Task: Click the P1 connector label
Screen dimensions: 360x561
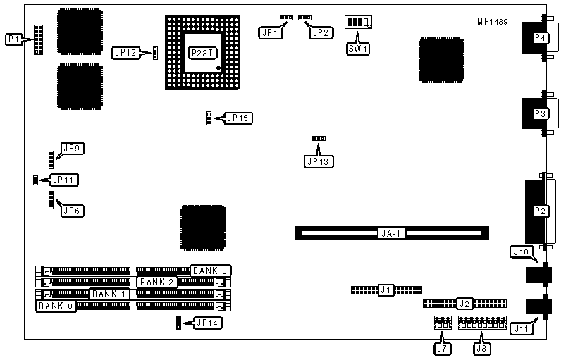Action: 13,40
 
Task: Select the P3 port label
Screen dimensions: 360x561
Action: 540,113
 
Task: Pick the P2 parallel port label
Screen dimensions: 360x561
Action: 540,211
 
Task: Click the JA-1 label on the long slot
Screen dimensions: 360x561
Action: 390,232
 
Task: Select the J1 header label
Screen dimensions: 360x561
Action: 386,289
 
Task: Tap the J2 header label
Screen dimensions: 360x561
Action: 463,304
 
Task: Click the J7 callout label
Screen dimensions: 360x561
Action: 442,347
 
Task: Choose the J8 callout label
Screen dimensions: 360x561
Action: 482,347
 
